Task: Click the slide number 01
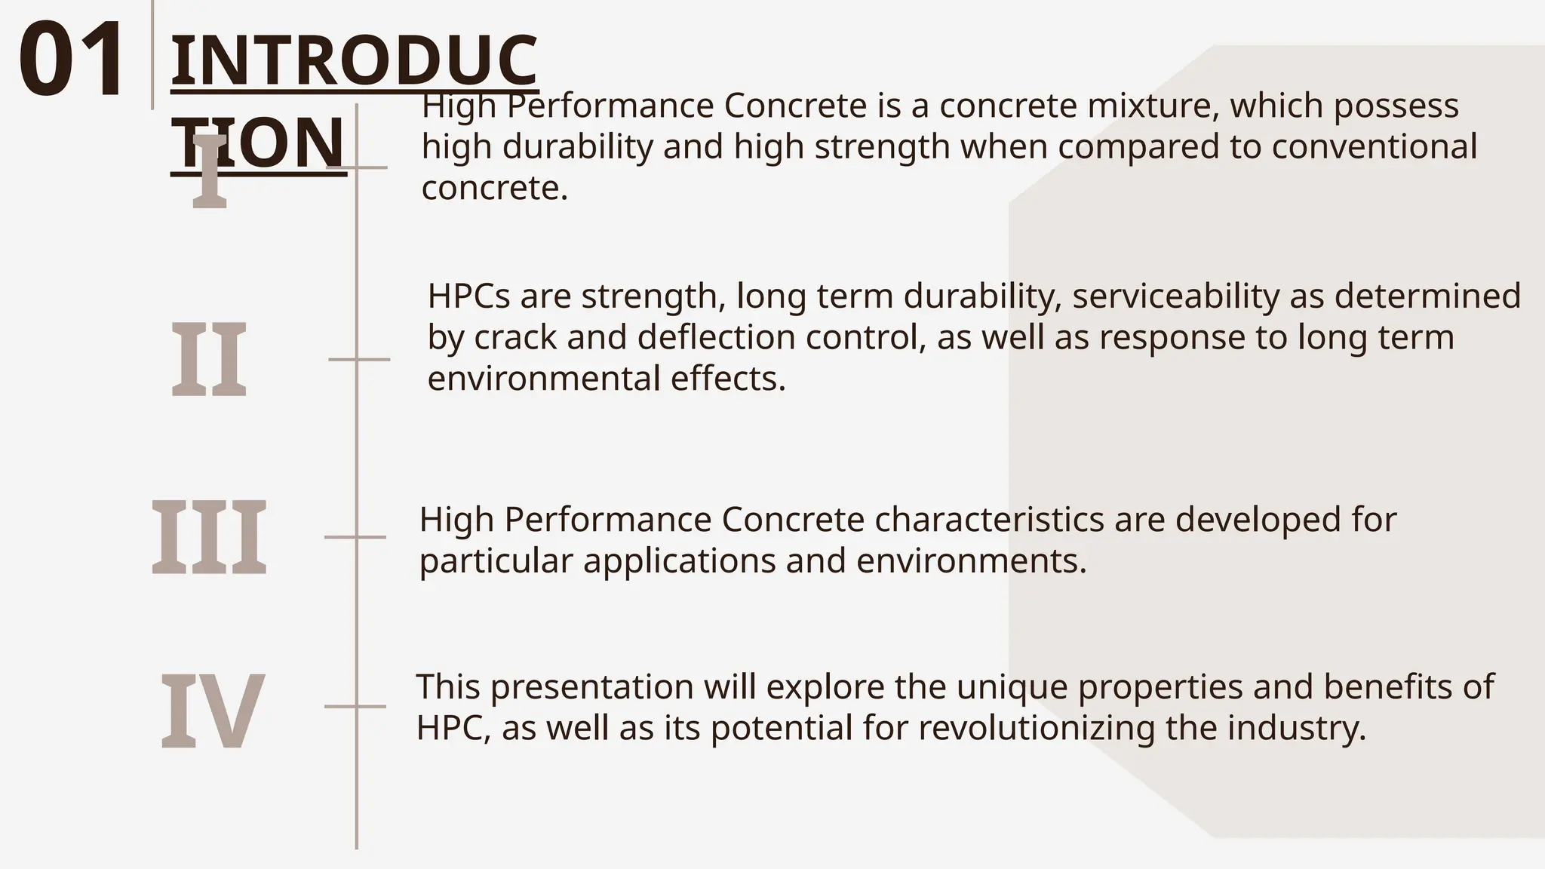pos(72,60)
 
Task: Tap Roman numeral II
pos(209,359)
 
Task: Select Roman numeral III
pos(209,537)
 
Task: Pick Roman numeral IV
pos(212,712)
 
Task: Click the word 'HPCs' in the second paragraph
pos(468,296)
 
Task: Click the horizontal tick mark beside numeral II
pos(359,360)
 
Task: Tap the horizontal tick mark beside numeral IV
pos(355,707)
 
